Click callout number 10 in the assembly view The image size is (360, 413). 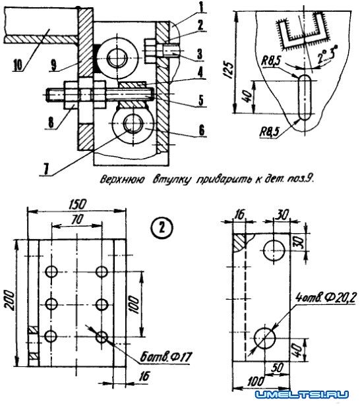coord(18,65)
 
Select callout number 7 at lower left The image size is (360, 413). coord(46,169)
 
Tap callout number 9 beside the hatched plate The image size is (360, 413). coord(54,65)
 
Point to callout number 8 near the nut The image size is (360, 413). coord(51,122)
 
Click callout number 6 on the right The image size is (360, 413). coord(202,130)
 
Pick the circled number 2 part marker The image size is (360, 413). coord(162,228)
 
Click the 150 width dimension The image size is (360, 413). coord(78,205)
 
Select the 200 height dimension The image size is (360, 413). coord(9,300)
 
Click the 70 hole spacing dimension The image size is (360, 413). coord(77,219)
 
